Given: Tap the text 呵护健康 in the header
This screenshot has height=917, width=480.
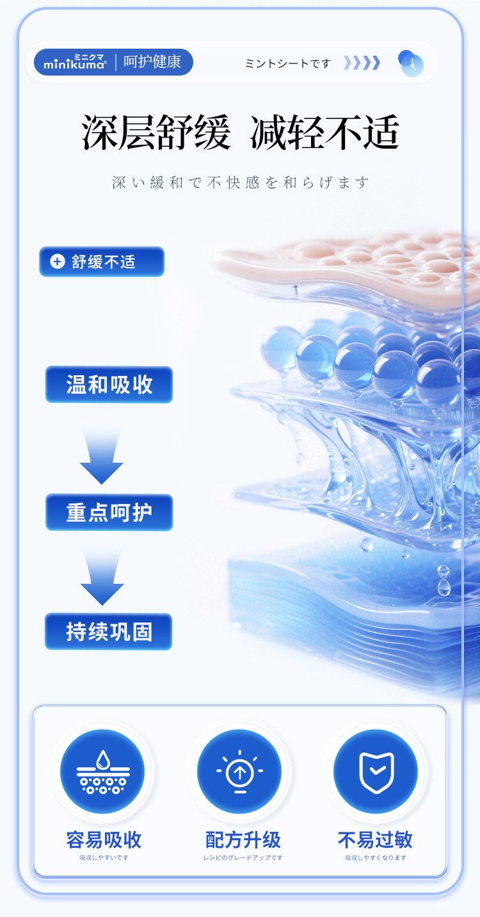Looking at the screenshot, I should pyautogui.click(x=152, y=62).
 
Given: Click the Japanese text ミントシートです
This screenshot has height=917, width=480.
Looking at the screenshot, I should pyautogui.click(x=288, y=63).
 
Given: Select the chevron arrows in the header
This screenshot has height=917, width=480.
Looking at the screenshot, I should pyautogui.click(x=362, y=63).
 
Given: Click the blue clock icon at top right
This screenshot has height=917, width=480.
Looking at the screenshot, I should pyautogui.click(x=411, y=63).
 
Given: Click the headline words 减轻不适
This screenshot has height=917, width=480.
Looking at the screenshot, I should pyautogui.click(x=325, y=133).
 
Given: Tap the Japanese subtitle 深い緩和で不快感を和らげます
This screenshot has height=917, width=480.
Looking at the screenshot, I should pyautogui.click(x=241, y=183).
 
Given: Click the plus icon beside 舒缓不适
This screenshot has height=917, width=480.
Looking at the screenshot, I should pyautogui.click(x=58, y=261).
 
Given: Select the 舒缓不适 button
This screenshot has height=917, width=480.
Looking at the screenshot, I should pyautogui.click(x=102, y=262).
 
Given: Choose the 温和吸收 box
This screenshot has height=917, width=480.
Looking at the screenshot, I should pyautogui.click(x=109, y=385).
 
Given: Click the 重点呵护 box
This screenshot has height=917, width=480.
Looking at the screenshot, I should pyautogui.click(x=109, y=512).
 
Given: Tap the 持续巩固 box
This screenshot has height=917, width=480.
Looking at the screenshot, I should pyautogui.click(x=109, y=631).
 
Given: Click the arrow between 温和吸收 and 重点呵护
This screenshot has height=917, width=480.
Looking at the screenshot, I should pyautogui.click(x=102, y=455).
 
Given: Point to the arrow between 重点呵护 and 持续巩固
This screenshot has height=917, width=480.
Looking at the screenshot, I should pyautogui.click(x=102, y=577).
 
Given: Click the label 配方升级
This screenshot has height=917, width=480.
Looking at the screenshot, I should pyautogui.click(x=243, y=840).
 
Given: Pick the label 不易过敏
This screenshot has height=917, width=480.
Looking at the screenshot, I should pyautogui.click(x=375, y=840).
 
